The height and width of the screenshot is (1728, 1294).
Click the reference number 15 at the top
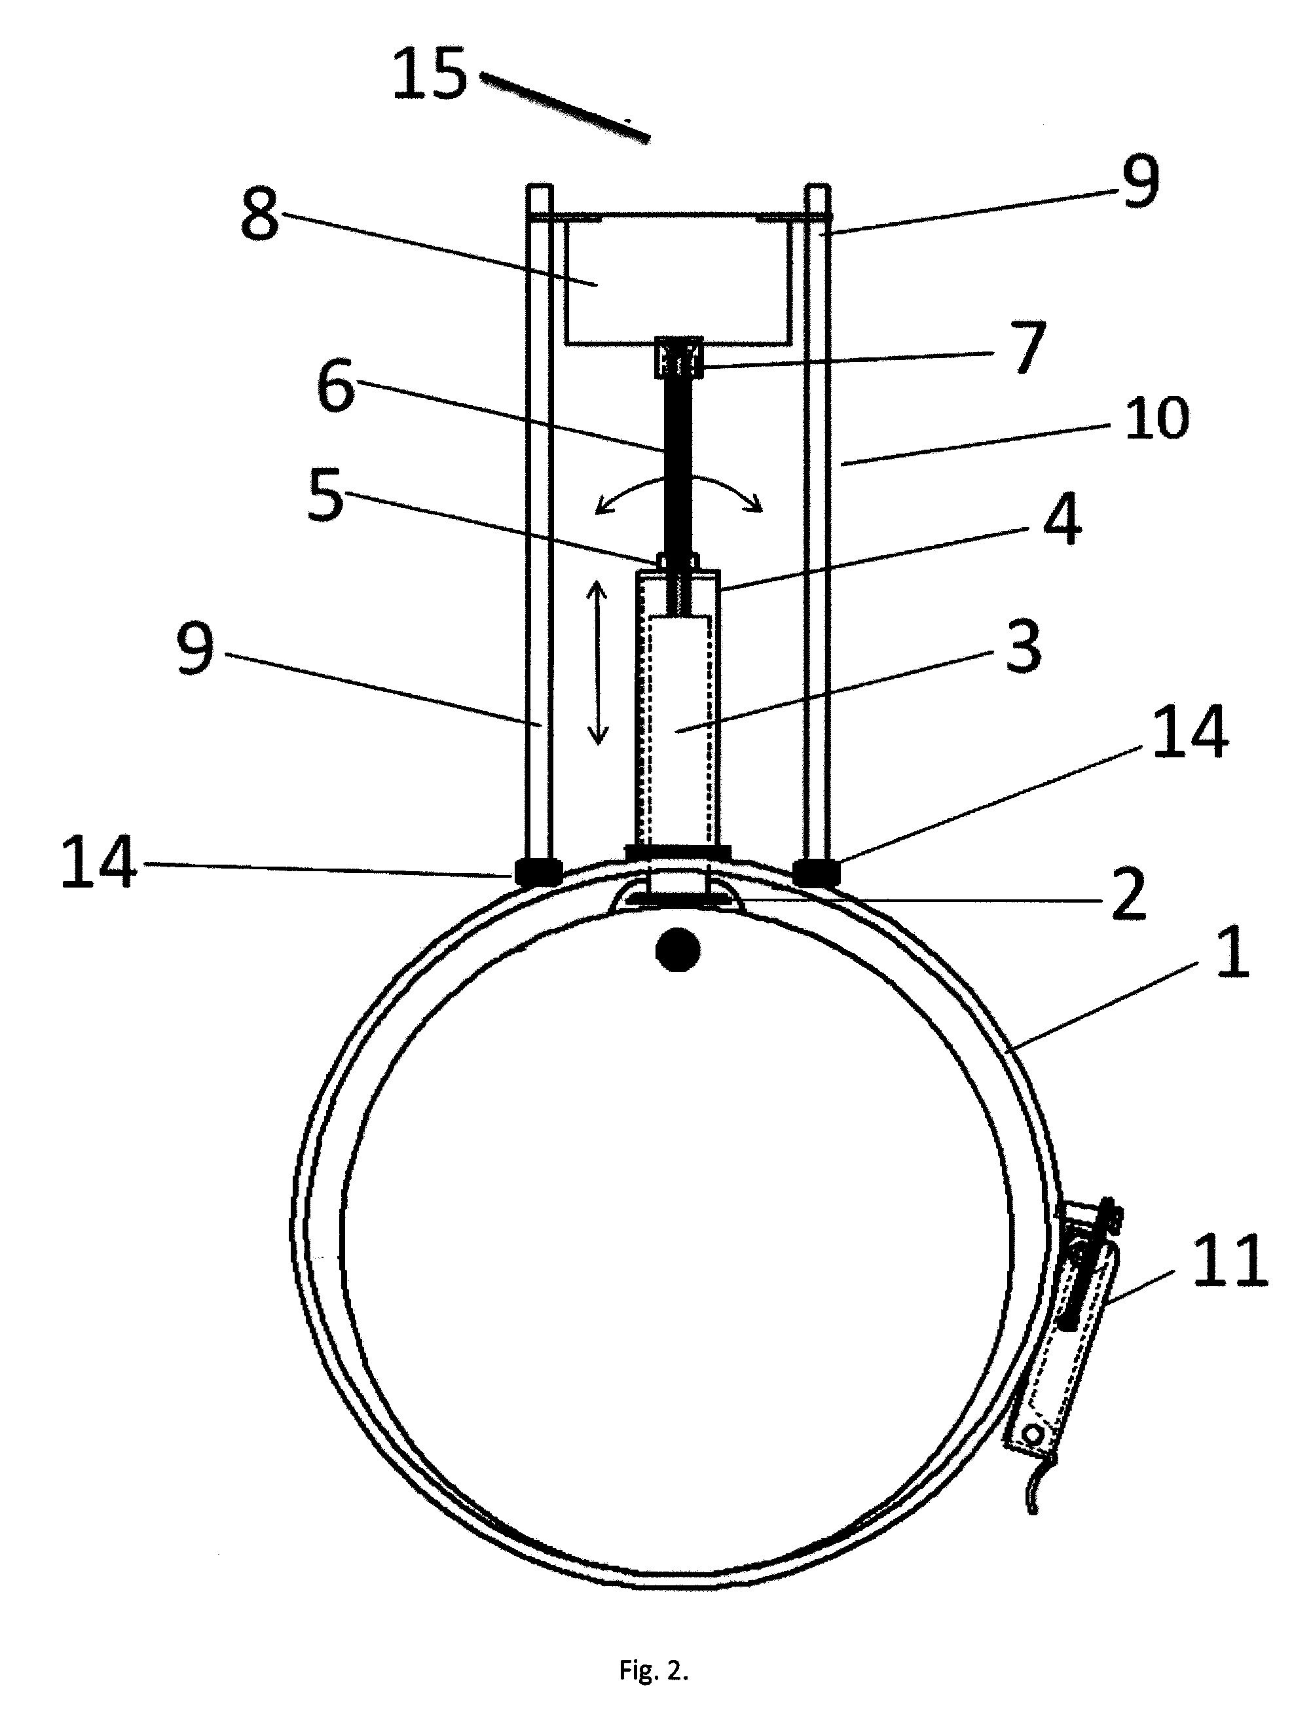point(429,73)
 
